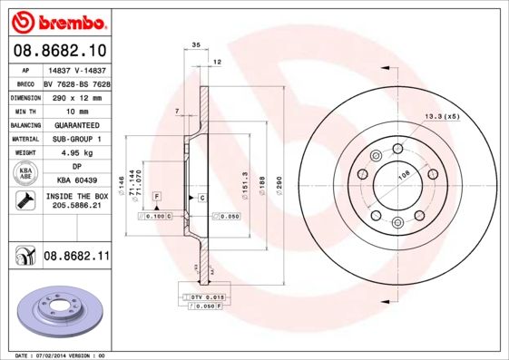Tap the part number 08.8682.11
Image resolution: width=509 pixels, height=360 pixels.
coord(76,258)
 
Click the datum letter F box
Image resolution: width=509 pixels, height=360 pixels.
coord(156,197)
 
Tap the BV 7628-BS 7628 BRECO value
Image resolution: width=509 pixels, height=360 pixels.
coord(75,83)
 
